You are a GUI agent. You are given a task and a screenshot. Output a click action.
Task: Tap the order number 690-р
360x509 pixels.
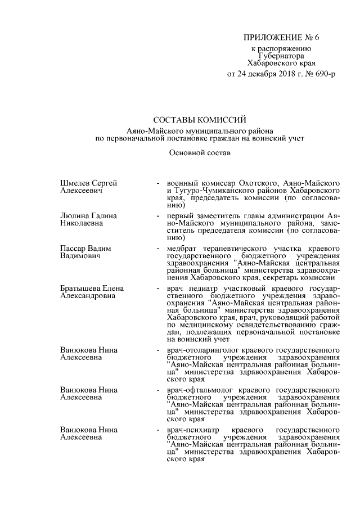point(322,74)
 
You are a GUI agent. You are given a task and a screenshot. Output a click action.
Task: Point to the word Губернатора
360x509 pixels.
point(281,56)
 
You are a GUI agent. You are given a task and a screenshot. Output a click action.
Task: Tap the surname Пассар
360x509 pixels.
point(74,248)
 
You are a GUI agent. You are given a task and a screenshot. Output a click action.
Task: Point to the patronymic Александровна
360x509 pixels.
point(87,296)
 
